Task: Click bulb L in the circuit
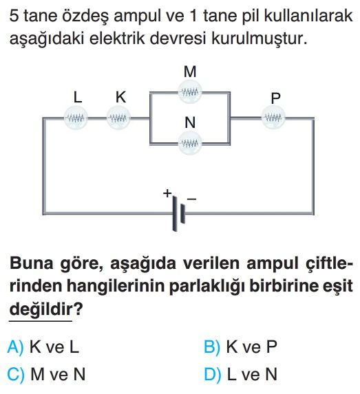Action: (x=76, y=118)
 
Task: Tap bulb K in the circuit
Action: (x=118, y=118)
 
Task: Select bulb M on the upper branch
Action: (x=190, y=92)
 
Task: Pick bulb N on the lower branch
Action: (x=190, y=144)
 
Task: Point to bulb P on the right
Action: (x=273, y=118)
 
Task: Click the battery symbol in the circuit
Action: (x=178, y=214)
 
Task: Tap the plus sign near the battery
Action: (x=167, y=193)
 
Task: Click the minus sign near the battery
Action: (x=191, y=199)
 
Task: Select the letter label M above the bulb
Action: (x=190, y=72)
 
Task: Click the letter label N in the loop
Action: (x=190, y=122)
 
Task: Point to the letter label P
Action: (x=276, y=98)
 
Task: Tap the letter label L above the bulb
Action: (x=78, y=97)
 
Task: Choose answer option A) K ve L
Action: (x=43, y=347)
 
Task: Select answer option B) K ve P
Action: (x=240, y=347)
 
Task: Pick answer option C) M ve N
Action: (x=46, y=374)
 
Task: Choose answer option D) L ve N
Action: (x=240, y=374)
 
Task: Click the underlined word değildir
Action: (x=41, y=309)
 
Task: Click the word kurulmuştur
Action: (x=259, y=39)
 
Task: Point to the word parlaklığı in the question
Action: (x=206, y=287)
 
